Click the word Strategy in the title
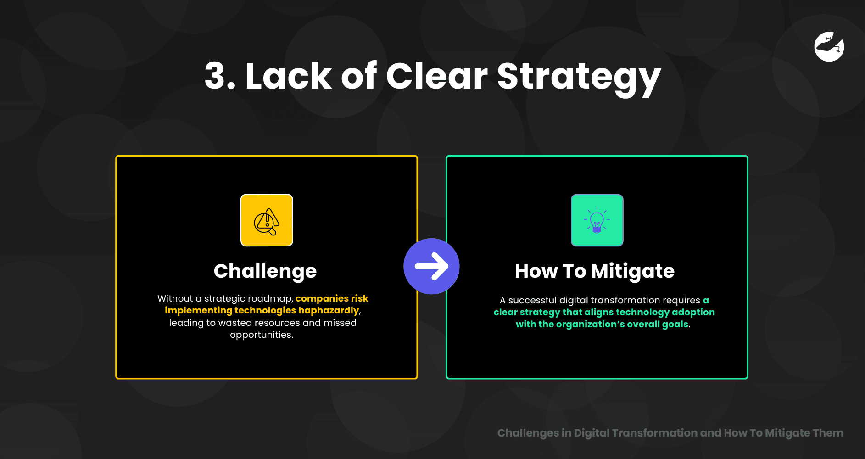click(579, 78)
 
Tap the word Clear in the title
click(437, 75)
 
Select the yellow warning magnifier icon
click(267, 220)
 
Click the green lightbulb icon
click(597, 220)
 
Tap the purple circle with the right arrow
click(431, 266)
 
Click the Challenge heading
click(265, 272)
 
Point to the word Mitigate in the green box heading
click(633, 272)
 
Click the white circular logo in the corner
click(829, 46)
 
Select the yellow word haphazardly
click(329, 311)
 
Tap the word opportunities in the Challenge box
click(262, 335)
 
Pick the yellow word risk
click(360, 298)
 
